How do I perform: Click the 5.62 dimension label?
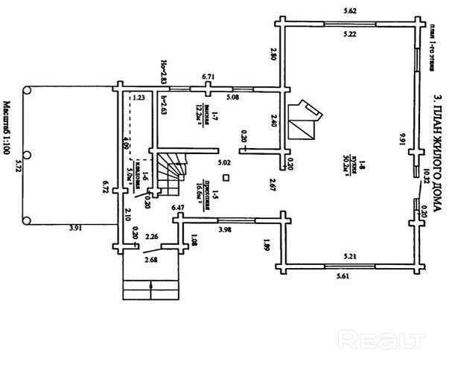point(348,11)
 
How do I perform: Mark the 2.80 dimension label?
point(273,55)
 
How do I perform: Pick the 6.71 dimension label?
point(208,77)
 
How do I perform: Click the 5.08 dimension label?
point(232,97)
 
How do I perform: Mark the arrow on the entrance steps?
point(152,287)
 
